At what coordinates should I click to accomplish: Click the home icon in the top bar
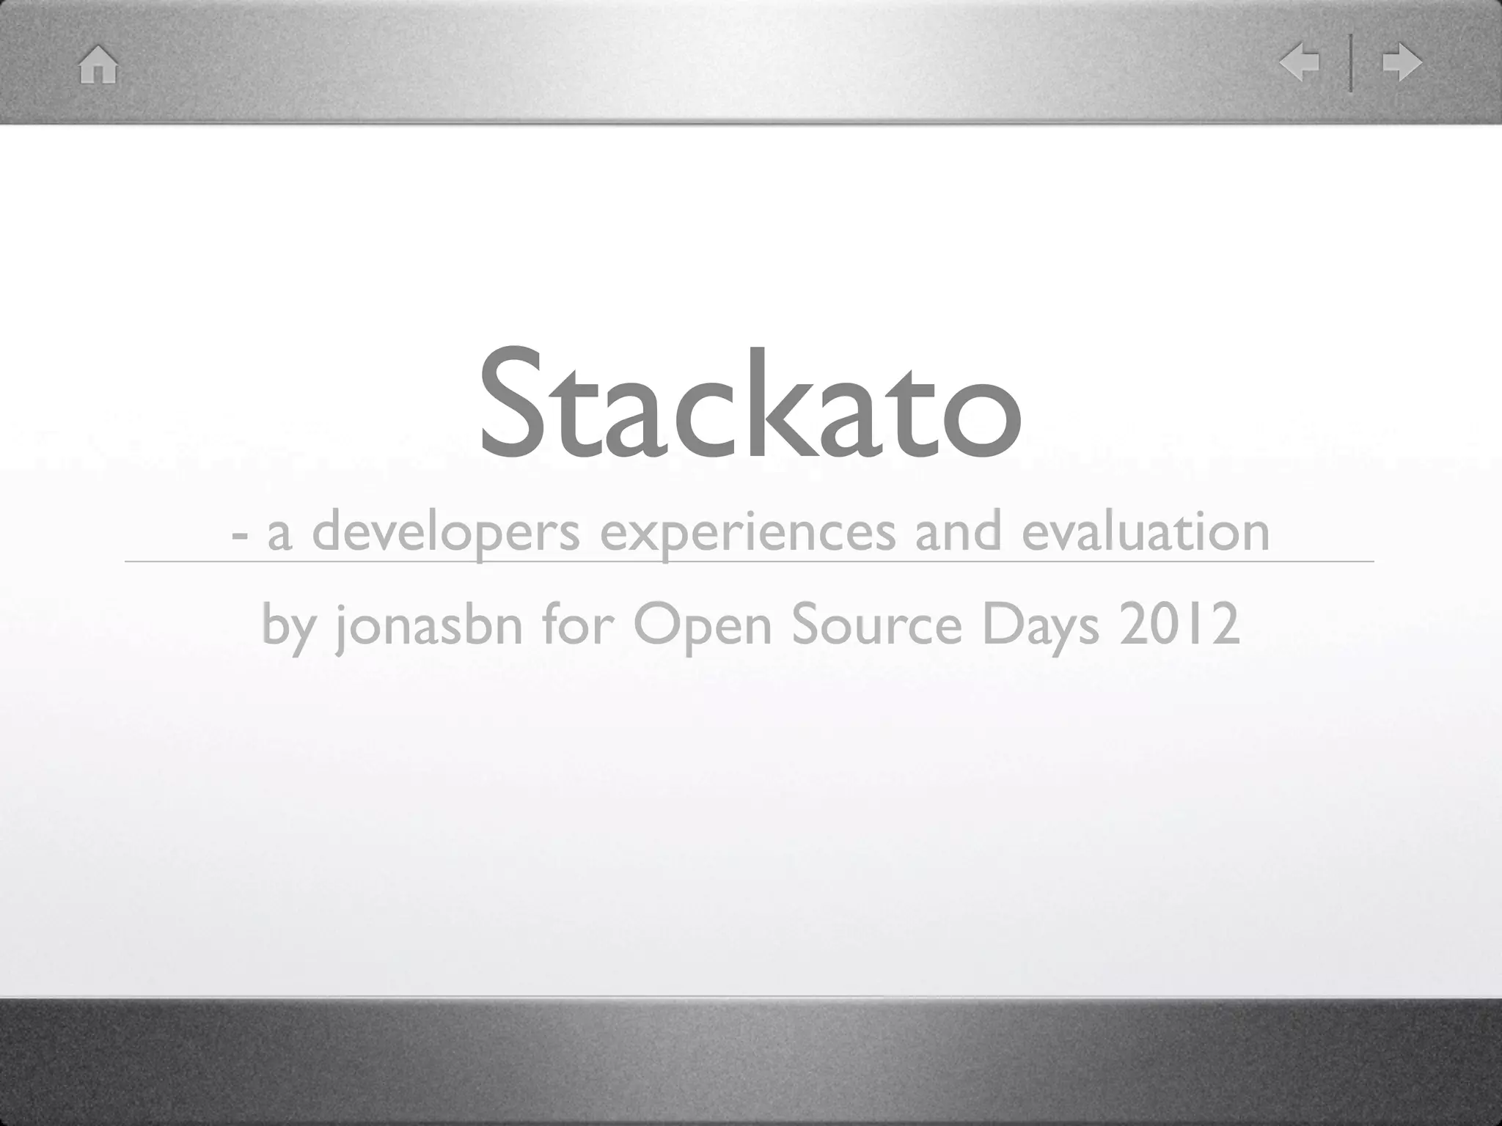click(98, 65)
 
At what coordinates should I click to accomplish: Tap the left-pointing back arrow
click(1299, 63)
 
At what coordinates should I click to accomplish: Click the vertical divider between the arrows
click(1350, 63)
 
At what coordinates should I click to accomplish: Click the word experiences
click(747, 533)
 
